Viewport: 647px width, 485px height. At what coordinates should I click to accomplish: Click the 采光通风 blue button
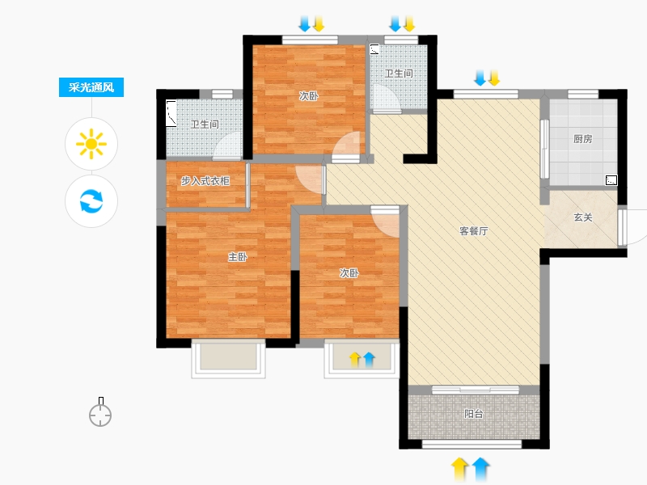[x=91, y=87]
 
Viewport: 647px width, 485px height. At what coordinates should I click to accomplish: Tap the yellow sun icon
[x=91, y=144]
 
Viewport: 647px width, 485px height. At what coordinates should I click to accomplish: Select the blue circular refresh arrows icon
[x=91, y=200]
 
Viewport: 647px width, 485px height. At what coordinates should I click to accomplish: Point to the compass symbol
[x=100, y=412]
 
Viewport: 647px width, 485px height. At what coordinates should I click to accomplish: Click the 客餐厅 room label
[x=474, y=231]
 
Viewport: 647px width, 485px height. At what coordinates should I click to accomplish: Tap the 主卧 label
[x=238, y=257]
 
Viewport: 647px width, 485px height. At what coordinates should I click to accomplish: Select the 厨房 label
[x=582, y=139]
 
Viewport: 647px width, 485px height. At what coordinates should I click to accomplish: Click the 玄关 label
[x=583, y=217]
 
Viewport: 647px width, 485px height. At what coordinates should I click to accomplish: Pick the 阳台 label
[x=473, y=414]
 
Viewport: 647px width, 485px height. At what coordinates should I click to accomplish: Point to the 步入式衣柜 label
[x=205, y=180]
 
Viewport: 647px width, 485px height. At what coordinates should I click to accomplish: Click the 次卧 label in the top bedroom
[x=309, y=96]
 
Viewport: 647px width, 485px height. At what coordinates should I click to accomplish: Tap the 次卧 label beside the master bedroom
[x=349, y=272]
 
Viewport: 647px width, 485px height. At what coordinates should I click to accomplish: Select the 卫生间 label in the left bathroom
[x=205, y=124]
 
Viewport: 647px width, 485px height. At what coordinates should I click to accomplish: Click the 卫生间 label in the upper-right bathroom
[x=399, y=74]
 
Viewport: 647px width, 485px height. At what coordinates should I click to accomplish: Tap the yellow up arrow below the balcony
[x=459, y=470]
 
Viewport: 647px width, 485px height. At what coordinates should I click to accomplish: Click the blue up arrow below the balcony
[x=480, y=470]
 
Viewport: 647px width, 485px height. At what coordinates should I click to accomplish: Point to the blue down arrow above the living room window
[x=480, y=78]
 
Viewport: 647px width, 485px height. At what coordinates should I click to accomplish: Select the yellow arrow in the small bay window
[x=355, y=360]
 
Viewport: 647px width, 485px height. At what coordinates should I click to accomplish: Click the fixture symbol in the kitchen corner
[x=611, y=180]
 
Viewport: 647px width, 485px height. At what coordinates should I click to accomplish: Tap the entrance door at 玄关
[x=621, y=228]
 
